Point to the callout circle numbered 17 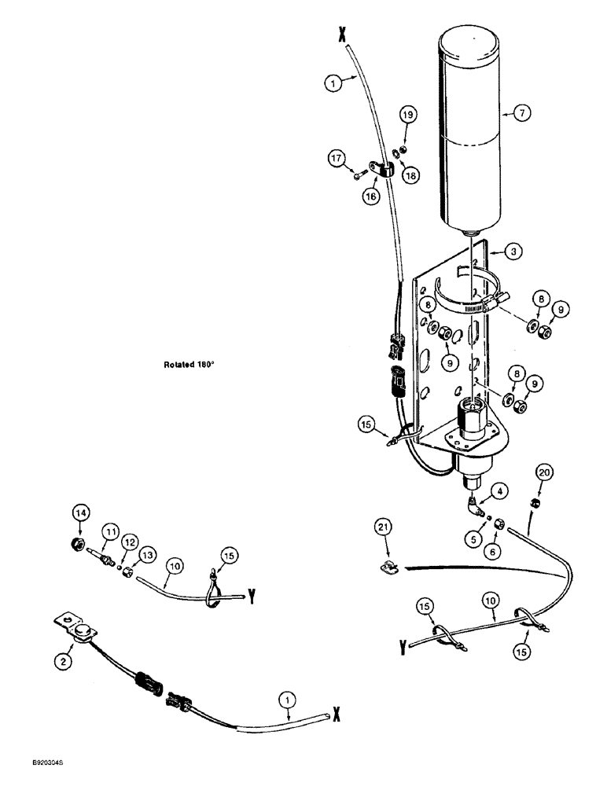coord(339,160)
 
